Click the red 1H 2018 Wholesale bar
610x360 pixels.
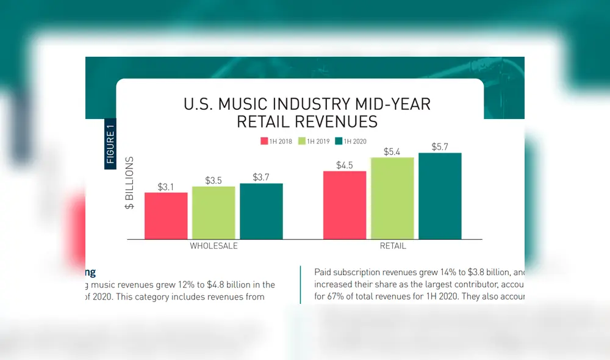166,215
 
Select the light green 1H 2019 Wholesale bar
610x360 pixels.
213,212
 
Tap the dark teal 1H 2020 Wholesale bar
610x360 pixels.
261,211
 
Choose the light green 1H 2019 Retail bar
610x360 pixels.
392,198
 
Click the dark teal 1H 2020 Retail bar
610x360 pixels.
440,195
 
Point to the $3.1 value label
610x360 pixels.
166,187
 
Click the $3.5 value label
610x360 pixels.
213,181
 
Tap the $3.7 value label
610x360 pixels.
261,178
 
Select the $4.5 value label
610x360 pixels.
345,165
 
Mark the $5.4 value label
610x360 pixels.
392,151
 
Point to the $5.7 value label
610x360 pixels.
440,147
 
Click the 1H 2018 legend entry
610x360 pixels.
277,142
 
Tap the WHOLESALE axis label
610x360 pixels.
213,247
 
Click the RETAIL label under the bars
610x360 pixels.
392,247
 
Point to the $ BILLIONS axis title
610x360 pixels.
129,184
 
